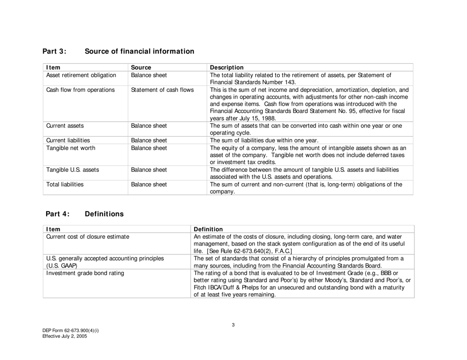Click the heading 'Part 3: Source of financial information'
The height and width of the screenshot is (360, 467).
click(x=118, y=51)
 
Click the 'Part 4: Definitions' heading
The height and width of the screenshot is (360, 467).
click(x=85, y=214)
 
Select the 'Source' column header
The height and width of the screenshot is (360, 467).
click(x=141, y=67)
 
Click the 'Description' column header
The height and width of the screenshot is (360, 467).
click(x=227, y=67)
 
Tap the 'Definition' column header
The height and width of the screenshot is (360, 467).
click(x=208, y=229)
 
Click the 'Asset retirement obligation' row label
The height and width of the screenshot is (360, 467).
click(x=81, y=75)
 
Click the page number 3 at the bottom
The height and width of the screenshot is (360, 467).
click(x=233, y=324)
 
